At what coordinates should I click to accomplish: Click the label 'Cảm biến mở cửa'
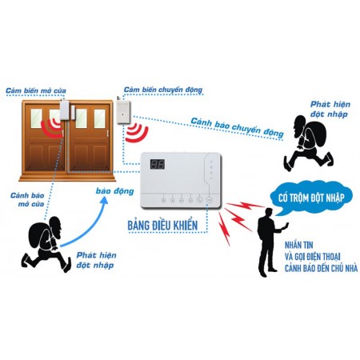[36, 90]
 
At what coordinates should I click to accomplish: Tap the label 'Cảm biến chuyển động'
[163, 90]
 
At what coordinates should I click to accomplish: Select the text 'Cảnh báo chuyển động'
[237, 127]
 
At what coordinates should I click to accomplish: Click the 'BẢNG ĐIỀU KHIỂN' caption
[162, 226]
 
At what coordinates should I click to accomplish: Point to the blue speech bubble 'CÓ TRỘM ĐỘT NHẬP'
[311, 198]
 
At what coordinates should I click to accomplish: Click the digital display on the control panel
[158, 164]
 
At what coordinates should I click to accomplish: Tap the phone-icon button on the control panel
[199, 200]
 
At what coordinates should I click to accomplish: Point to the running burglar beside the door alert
[46, 244]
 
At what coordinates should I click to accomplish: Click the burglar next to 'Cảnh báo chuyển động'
[309, 143]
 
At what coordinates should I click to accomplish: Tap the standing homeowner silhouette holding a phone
[270, 242]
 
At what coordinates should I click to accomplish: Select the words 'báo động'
[114, 191]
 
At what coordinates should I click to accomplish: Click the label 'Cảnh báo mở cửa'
[28, 199]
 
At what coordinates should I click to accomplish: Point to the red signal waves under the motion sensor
[137, 132]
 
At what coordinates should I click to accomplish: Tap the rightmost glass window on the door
[100, 118]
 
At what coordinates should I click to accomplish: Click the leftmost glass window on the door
[36, 118]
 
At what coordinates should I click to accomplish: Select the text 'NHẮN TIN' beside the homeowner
[298, 245]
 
